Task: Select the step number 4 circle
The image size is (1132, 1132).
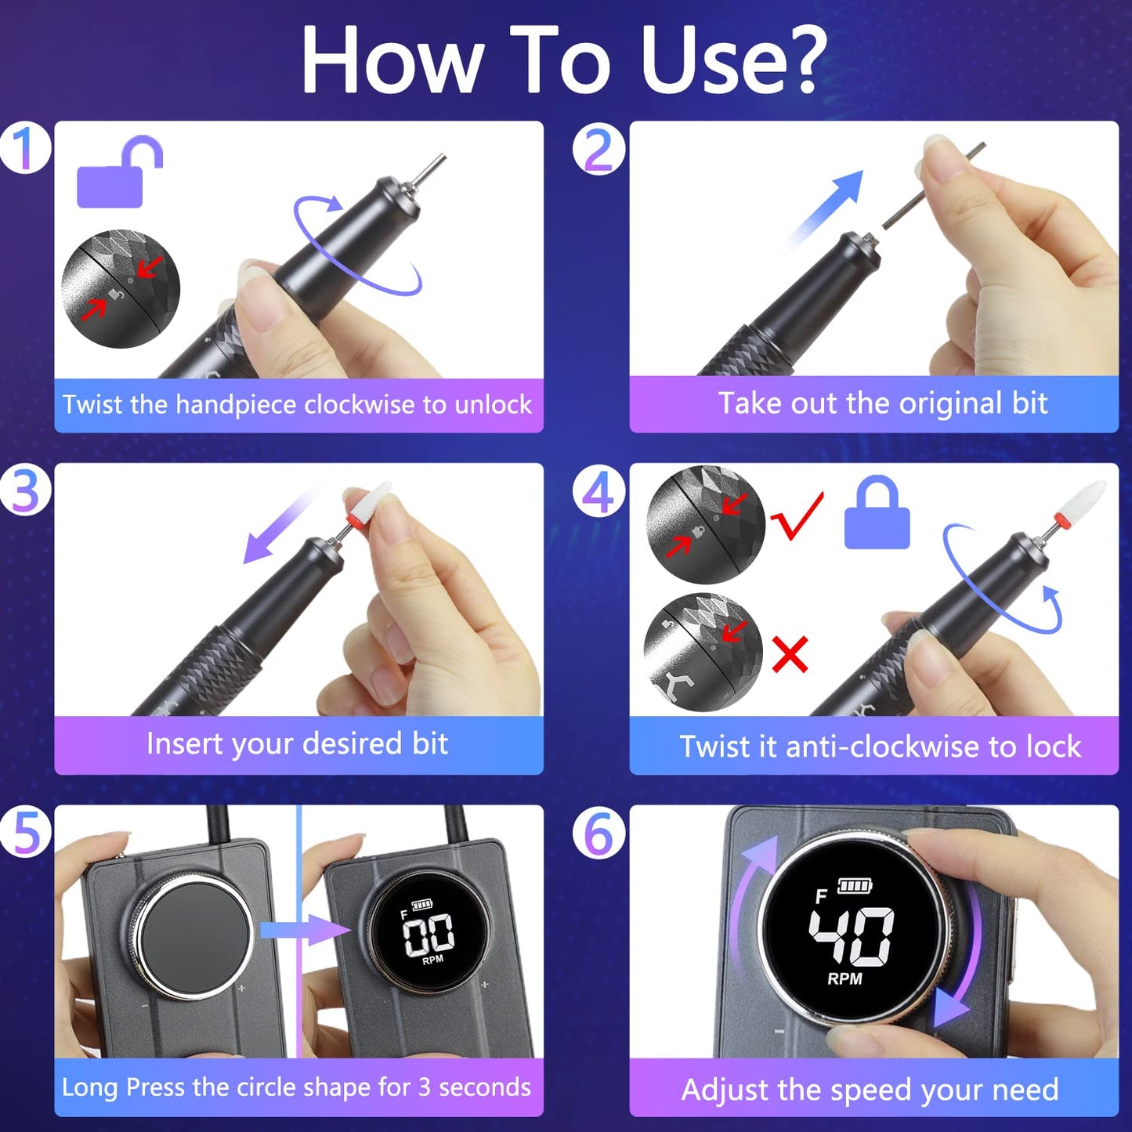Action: click(599, 494)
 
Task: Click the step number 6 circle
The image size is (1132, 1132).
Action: click(599, 833)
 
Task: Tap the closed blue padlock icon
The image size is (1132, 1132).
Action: click(877, 516)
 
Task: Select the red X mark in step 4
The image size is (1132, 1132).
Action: click(790, 654)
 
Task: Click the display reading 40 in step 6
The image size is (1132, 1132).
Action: click(852, 936)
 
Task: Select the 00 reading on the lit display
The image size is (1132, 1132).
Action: click(428, 934)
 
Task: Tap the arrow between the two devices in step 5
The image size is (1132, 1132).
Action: click(306, 930)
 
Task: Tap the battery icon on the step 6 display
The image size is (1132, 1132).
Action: click(854, 886)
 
